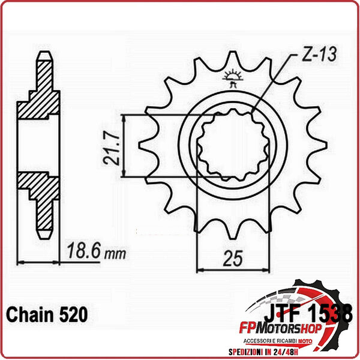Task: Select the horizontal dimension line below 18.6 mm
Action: (40, 262)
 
